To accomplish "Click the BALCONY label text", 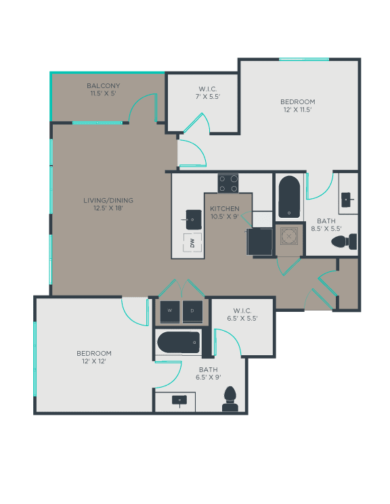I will [104, 86].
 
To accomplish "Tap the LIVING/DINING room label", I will [108, 200].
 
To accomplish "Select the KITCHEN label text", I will [224, 208].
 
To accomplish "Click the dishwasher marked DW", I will [192, 242].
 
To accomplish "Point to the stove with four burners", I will [228, 183].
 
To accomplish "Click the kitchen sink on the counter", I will [193, 218].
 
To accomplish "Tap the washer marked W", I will [169, 311].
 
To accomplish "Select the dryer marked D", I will [192, 311].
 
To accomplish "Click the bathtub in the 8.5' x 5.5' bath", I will [289, 197].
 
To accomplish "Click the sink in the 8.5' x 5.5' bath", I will [347, 199].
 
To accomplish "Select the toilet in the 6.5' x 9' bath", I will [230, 399].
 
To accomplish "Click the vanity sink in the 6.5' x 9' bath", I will [179, 400].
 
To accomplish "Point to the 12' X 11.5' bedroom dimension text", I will [297, 110].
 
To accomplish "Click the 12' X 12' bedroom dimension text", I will [94, 361].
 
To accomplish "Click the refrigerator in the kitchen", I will [259, 242].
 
